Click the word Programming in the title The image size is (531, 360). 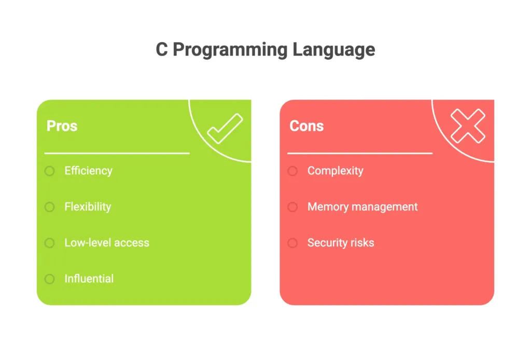[229, 50]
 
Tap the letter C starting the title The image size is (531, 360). [162, 50]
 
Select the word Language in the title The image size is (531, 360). [333, 50]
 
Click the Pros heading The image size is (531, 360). [62, 126]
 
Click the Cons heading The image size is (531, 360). [306, 126]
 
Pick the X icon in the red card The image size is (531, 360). [468, 126]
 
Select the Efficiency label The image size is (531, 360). [88, 171]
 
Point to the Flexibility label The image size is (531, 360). [88, 206]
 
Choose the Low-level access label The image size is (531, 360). [107, 243]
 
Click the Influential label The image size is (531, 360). [89, 279]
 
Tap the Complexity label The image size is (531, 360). [336, 171]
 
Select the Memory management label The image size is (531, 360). [362, 206]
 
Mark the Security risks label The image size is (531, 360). [341, 243]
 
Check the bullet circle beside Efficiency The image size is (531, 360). [49, 171]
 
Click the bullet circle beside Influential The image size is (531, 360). [49, 279]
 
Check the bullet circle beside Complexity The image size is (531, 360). [292, 171]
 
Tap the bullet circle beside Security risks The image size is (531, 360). [292, 243]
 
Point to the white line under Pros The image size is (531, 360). [117, 154]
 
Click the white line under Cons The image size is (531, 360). [360, 154]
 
